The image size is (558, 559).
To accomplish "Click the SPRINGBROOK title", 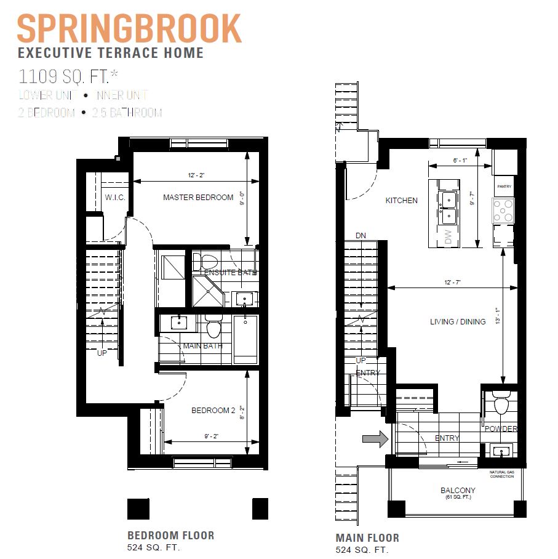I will tap(129, 29).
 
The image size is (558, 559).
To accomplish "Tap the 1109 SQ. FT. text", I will tap(69, 77).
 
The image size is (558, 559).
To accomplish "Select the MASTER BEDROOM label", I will tap(198, 198).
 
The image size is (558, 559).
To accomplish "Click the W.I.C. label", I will tap(115, 198).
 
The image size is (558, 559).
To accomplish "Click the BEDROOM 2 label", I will tap(213, 411).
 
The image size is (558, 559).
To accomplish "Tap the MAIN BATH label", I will tap(202, 346).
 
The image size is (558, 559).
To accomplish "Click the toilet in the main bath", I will tap(213, 328).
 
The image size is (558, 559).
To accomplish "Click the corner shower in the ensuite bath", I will tap(207, 291).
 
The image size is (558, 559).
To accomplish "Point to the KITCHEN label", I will tap(401, 201).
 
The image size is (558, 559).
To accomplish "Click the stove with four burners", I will tap(503, 211).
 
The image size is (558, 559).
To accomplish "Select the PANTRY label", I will tap(503, 187).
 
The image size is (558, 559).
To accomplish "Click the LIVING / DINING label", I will tap(457, 322).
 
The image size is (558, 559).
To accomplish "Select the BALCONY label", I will tap(457, 491).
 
